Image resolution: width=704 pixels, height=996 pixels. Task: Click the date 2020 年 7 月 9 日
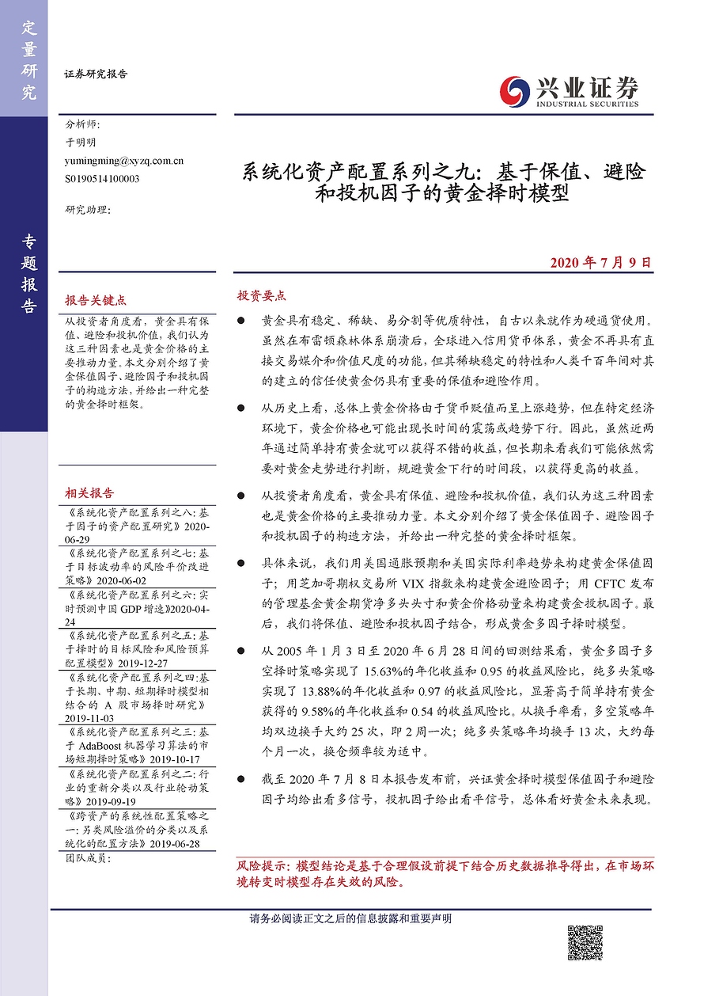coord(600,262)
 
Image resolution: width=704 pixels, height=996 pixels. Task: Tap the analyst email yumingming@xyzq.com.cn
coord(125,161)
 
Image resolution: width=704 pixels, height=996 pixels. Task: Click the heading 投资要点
coord(261,295)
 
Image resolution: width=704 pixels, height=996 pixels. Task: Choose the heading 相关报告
coord(89,492)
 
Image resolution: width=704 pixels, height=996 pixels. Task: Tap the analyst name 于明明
coord(81,143)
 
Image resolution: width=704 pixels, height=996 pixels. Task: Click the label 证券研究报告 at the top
coord(95,74)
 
